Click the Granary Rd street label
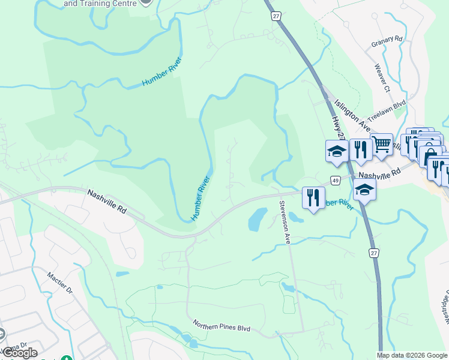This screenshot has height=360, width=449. [x=387, y=40]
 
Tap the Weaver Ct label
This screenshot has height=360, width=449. [x=382, y=79]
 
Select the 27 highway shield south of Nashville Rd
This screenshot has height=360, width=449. [x=374, y=254]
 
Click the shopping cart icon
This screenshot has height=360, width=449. [x=381, y=144]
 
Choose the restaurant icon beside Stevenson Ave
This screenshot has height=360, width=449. [x=313, y=197]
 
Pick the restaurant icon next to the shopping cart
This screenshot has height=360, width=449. [x=360, y=149]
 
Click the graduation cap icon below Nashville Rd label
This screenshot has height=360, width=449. [x=364, y=191]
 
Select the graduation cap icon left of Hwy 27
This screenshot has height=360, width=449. [x=337, y=151]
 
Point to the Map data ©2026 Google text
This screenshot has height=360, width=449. [x=412, y=355]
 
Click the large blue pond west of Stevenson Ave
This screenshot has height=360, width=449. [x=256, y=219]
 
